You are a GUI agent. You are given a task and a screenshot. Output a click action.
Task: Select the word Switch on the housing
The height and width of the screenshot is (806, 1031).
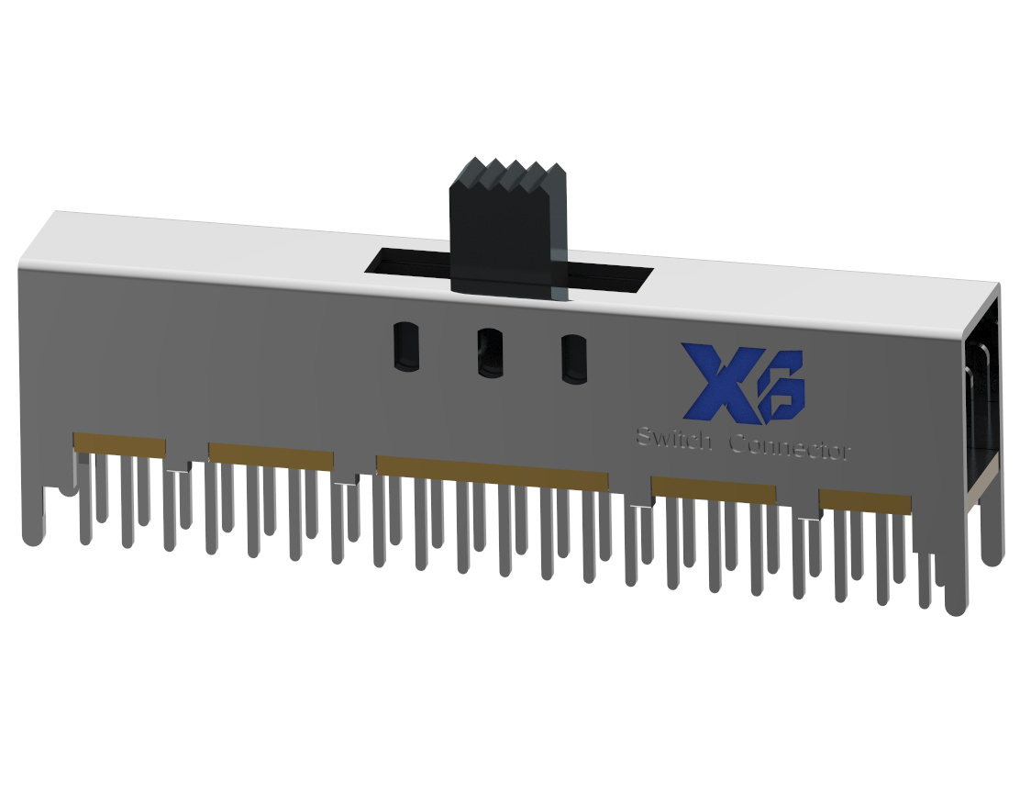click(673, 439)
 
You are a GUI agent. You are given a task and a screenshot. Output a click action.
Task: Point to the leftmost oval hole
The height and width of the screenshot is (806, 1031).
click(405, 345)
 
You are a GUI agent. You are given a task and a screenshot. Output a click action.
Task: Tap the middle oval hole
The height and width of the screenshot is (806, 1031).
click(490, 353)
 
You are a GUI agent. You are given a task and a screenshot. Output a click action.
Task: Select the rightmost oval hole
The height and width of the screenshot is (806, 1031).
click(574, 359)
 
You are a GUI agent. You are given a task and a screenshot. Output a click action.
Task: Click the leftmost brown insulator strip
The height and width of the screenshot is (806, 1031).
click(119, 445)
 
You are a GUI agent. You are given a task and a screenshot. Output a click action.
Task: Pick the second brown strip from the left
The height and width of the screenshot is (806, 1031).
click(271, 456)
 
